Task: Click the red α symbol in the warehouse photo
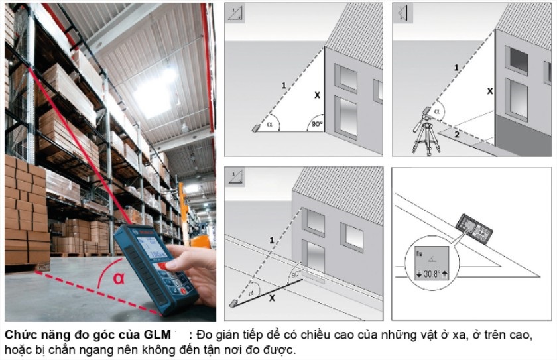[119, 278]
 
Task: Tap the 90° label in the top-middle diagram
[316, 124]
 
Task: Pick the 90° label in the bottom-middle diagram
[294, 274]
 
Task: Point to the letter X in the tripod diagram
[489, 90]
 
